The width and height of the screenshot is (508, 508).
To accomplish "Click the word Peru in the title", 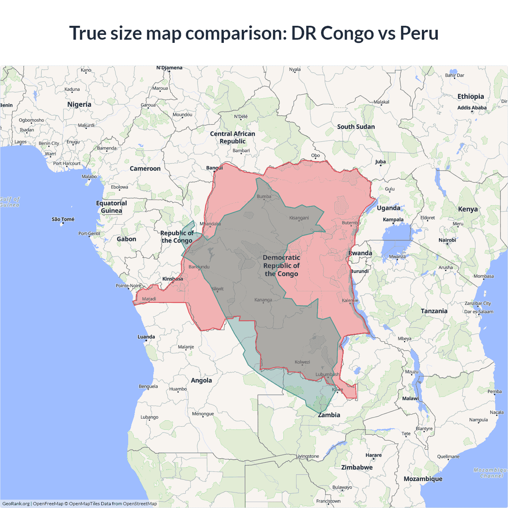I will [x=419, y=33].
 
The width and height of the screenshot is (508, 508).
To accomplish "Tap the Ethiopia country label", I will [x=470, y=96].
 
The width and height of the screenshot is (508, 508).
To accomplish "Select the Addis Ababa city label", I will [x=471, y=108].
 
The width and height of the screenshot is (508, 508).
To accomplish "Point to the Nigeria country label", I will [x=79, y=104].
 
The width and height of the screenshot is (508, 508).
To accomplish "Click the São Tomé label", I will [x=63, y=219].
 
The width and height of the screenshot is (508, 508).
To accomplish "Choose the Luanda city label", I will [x=146, y=337].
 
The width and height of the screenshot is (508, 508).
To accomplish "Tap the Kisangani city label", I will [x=299, y=218].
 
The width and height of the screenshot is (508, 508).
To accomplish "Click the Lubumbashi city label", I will [x=327, y=374].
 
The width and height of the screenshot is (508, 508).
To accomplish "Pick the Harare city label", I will [x=373, y=455].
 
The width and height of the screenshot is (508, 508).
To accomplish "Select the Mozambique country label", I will [x=423, y=479].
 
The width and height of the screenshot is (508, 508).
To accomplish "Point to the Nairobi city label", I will [x=447, y=240].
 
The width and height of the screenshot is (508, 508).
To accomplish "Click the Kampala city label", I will [x=393, y=219].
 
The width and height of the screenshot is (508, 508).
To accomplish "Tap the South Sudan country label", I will [x=356, y=127].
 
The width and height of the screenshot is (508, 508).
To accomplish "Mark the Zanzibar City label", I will [x=477, y=303].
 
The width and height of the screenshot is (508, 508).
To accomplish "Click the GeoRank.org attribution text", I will [x=16, y=504].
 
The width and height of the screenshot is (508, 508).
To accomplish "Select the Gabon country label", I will [x=126, y=239].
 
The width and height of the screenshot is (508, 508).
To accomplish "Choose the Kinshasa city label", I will [x=173, y=279].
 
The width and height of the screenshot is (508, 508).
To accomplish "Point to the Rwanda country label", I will [x=360, y=253].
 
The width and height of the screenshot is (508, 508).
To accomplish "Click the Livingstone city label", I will [x=307, y=456].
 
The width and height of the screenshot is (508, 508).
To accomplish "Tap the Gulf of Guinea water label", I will [x=10, y=202].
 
